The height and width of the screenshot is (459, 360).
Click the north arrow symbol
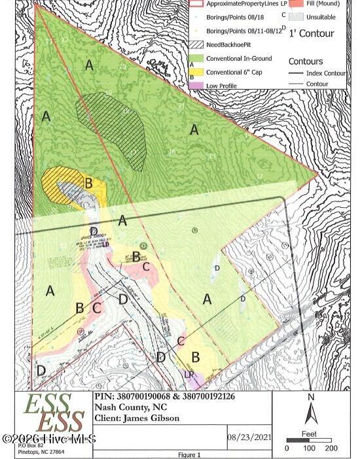pos(312,413)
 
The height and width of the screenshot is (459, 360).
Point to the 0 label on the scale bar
pos(287,449)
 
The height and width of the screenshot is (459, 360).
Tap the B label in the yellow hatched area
pos(88,183)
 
